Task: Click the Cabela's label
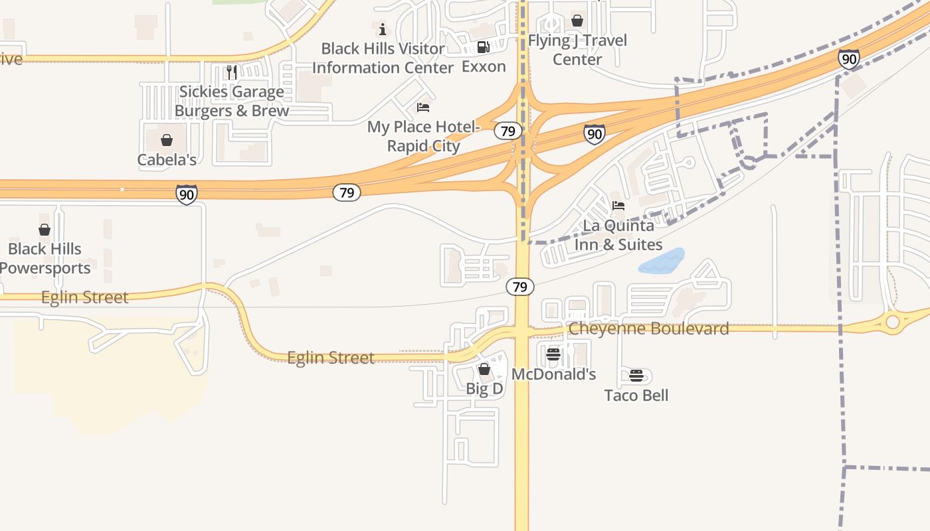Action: pos(167,160)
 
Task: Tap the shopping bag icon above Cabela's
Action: pos(167,140)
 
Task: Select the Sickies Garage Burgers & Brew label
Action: pos(231,101)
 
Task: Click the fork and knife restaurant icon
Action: pos(231,72)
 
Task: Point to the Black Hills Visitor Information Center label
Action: pos(383,58)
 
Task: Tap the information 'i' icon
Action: pos(383,29)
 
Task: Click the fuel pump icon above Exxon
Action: pos(484,47)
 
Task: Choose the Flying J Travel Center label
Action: pos(577,50)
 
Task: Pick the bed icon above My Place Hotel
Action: pos(423,108)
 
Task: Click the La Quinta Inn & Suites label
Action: pos(618,235)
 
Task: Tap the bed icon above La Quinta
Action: pos(618,206)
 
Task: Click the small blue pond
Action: pos(662,262)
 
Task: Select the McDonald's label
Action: pos(553,374)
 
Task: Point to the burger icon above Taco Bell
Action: pos(636,376)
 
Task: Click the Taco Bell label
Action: pos(636,396)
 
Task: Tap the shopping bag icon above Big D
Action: pos(484,369)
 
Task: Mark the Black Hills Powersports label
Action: pos(45,259)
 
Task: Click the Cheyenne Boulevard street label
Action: pos(648,329)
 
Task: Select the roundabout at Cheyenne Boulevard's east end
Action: pos(892,323)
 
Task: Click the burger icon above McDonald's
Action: pos(553,355)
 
